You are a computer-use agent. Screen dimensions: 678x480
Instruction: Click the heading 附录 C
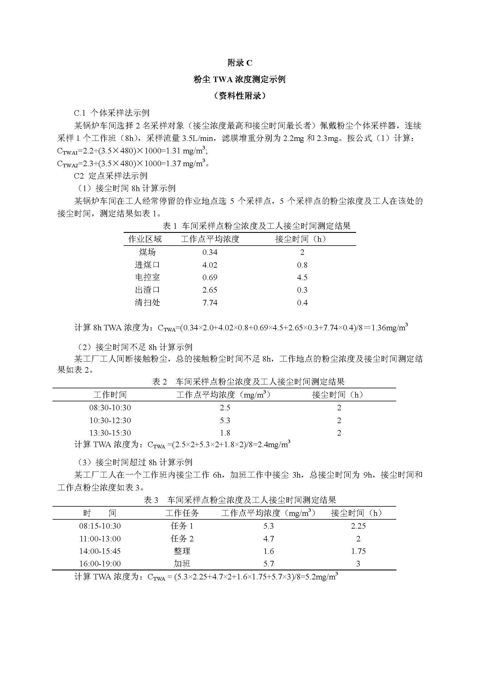[x=240, y=63]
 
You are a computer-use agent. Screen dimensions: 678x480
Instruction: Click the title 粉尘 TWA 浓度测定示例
[x=239, y=79]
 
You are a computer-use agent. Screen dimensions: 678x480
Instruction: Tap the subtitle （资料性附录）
[x=239, y=96]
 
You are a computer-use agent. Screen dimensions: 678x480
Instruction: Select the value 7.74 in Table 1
[x=210, y=303]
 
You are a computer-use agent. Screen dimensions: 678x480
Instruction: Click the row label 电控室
[x=147, y=277]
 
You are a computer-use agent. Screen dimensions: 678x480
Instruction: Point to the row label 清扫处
[x=147, y=303]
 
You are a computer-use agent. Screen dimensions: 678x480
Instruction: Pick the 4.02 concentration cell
[x=210, y=265]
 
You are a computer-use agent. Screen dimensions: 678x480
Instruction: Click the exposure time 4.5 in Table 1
[x=302, y=277]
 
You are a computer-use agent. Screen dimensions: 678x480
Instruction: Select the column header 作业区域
[x=145, y=239]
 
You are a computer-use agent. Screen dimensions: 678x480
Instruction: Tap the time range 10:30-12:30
[x=110, y=420]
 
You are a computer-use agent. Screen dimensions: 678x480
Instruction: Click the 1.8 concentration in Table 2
[x=225, y=433]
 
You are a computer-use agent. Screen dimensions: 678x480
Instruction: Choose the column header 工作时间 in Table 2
[x=110, y=394]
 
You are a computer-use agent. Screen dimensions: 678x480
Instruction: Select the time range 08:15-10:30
[x=100, y=526]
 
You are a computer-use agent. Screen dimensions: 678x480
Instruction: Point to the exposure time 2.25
[x=358, y=526]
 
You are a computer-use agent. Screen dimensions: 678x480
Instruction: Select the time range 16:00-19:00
[x=100, y=564]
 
